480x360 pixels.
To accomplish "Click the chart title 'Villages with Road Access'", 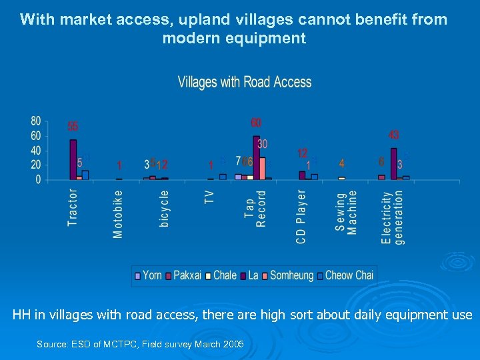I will coord(245,82).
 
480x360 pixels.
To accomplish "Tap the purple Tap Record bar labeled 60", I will coord(257,157).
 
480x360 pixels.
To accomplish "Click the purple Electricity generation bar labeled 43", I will coord(394,163).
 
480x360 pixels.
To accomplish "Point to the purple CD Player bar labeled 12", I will coord(302,175).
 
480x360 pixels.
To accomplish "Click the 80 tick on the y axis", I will coord(35,121).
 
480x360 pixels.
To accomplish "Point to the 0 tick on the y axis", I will coord(38,179).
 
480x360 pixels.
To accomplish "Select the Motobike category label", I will coord(118,214).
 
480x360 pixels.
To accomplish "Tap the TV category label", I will coord(209,197).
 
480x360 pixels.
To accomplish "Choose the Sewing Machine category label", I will coord(346,212).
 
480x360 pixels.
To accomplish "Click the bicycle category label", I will coord(164,209).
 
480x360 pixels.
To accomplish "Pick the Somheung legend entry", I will coord(287,275).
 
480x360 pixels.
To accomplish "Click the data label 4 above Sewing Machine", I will coord(342,163).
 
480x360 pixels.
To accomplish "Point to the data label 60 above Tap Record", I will coord(257,123).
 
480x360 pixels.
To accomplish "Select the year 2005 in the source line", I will coord(231,344).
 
